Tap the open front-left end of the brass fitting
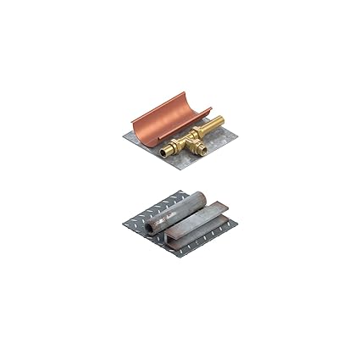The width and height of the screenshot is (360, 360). click(166, 152)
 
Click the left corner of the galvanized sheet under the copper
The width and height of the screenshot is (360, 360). click(124, 136)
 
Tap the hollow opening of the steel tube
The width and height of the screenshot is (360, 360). click(150, 227)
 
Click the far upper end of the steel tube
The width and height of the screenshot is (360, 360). click(201, 198)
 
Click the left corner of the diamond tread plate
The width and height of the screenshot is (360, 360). click(124, 222)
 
